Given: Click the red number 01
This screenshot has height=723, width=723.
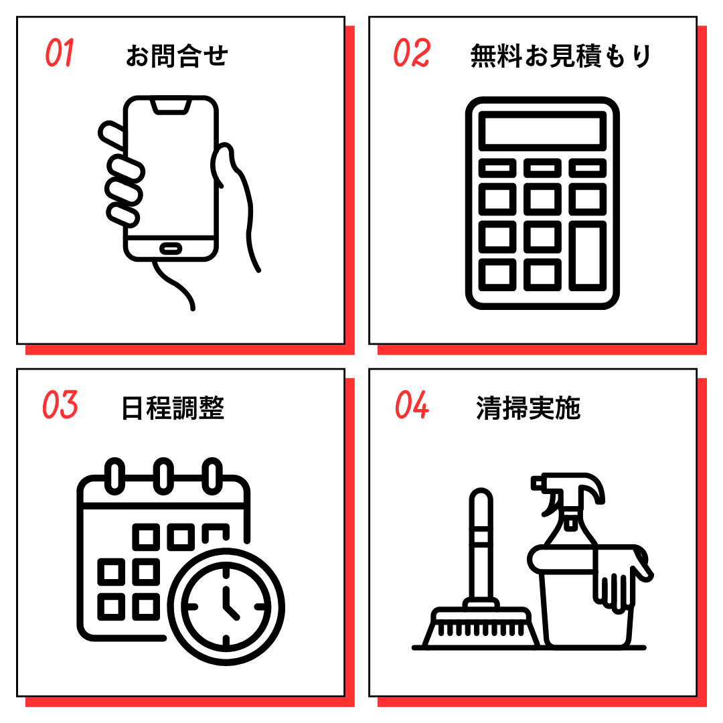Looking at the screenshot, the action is tap(60, 53).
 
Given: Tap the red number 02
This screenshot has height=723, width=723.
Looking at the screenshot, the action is tap(412, 53).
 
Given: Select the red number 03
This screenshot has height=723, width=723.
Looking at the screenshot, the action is tap(60, 404).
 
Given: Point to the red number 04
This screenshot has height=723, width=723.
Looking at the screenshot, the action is tap(412, 404).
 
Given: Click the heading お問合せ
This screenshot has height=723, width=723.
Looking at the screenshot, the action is tap(177, 56).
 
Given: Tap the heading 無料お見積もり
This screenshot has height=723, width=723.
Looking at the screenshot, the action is tap(561, 56).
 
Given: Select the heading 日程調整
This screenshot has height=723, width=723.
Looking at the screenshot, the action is tap(173, 408).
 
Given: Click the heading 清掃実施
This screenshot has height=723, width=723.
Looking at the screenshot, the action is tap(528, 408).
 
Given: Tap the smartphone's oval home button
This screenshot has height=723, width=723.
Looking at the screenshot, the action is tap(171, 248).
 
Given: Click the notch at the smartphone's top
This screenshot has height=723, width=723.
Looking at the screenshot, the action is tap(171, 106).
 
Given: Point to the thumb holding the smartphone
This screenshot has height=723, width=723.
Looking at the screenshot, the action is tap(223, 165).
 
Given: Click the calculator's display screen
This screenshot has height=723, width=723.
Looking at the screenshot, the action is tap(542, 131).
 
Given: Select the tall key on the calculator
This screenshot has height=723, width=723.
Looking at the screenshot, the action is tap(588, 256).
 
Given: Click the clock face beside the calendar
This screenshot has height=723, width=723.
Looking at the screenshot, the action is tap(226, 607).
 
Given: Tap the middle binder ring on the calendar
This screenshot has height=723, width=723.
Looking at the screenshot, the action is tap(164, 477).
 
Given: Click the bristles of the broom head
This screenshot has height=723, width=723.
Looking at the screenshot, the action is tap(481, 629).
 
